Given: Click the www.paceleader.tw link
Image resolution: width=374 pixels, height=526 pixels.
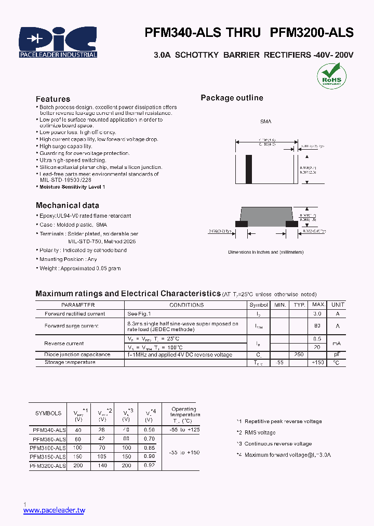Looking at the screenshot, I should (54, 511).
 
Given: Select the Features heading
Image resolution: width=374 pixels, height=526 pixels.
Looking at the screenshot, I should (52, 99).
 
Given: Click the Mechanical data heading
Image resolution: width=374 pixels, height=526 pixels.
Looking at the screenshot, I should (67, 205).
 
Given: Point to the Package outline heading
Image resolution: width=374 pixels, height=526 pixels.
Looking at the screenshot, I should (232, 98).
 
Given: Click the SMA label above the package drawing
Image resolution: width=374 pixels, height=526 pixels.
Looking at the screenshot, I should (265, 121).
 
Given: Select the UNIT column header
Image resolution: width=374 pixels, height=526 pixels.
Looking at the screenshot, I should (338, 305).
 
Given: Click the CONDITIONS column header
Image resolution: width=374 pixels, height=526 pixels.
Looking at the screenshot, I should (186, 305).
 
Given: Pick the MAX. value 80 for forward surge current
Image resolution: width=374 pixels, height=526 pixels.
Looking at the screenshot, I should (317, 326).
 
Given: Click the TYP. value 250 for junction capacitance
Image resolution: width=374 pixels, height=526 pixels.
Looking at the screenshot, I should (299, 354).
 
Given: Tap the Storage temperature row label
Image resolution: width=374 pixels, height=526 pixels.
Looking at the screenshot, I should (70, 362).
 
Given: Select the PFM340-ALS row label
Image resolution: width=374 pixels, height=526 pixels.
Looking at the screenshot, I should (49, 430).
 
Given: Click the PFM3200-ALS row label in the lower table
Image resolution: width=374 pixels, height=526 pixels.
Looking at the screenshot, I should (48, 466).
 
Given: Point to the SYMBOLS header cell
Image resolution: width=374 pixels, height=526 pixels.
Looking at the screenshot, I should (48, 413).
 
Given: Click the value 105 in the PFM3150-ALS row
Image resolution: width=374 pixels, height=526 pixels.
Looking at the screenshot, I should (102, 456).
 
